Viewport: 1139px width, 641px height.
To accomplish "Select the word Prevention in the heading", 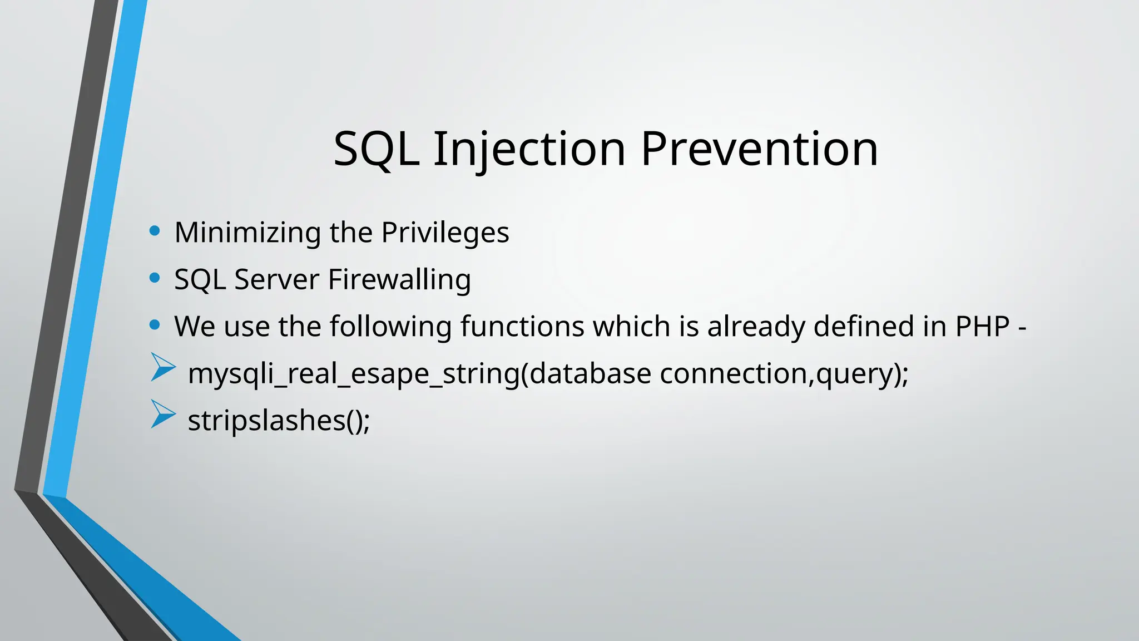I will (759, 149).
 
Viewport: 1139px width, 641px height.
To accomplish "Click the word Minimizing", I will (247, 233).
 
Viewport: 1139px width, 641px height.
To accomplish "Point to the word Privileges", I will (445, 233).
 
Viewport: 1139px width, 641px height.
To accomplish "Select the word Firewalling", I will (399, 279).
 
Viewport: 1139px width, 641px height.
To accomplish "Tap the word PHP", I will (982, 326).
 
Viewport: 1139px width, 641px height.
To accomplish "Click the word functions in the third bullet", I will (522, 326).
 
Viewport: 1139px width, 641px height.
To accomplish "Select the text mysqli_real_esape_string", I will (354, 373).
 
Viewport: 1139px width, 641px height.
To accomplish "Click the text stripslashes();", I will (279, 420).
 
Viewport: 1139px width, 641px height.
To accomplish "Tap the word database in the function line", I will (590, 373).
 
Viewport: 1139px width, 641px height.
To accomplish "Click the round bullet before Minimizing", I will (155, 230).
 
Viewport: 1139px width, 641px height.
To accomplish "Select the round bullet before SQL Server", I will (155, 277).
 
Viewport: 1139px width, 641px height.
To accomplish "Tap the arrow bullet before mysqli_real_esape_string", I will (162, 367).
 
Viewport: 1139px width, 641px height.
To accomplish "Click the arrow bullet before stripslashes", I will (162, 415).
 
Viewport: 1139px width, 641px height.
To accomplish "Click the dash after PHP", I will (1022, 328).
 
